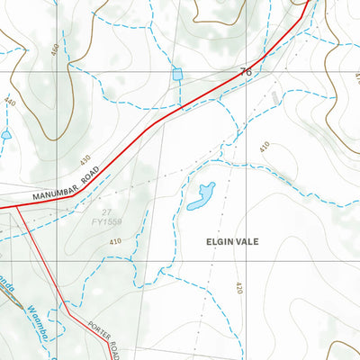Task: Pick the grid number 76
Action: coord(245,70)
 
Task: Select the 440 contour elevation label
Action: coord(10,103)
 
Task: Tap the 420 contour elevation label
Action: coord(238,288)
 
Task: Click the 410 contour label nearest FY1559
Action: coord(115,242)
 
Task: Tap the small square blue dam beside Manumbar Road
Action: coord(177,72)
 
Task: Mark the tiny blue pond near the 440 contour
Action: coord(6,135)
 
